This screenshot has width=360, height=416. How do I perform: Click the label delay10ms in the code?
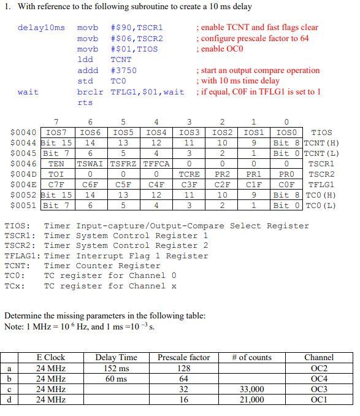click(x=41, y=28)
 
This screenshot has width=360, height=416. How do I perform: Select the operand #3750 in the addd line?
click(x=124, y=71)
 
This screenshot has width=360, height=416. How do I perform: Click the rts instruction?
click(x=85, y=103)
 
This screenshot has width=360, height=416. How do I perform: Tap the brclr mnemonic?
click(x=90, y=92)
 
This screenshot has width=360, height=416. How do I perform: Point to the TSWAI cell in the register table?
click(x=90, y=164)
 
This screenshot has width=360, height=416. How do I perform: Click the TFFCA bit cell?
click(x=156, y=164)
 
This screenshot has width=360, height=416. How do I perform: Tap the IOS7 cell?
click(x=56, y=133)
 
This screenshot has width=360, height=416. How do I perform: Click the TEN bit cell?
click(x=56, y=164)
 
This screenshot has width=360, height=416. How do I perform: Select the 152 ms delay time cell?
click(x=116, y=368)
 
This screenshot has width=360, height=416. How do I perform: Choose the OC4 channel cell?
click(x=319, y=379)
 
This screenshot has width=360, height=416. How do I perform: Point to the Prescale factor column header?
click(x=183, y=357)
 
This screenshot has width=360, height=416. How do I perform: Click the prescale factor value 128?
click(x=183, y=368)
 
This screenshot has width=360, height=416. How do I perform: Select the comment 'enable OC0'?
click(x=222, y=49)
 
